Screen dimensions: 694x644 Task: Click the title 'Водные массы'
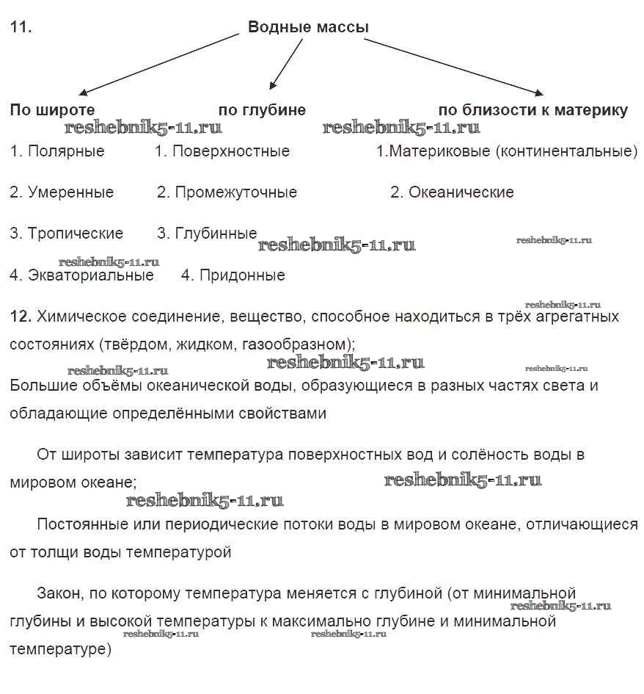(x=308, y=28)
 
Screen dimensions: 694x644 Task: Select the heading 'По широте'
(x=52, y=110)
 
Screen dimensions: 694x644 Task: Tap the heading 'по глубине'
(x=262, y=110)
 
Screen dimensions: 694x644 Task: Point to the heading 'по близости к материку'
(x=533, y=110)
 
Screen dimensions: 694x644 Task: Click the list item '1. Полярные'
(x=57, y=151)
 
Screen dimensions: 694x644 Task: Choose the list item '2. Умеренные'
(x=62, y=192)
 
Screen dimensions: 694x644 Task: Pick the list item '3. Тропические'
(x=67, y=234)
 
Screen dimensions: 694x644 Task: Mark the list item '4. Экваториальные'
(x=82, y=275)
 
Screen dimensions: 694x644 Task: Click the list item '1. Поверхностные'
(x=222, y=151)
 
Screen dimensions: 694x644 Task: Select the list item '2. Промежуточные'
(x=227, y=192)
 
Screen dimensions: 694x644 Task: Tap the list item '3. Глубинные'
(x=207, y=234)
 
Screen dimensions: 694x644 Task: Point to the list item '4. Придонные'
(x=233, y=275)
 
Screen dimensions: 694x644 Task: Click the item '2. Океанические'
(x=452, y=192)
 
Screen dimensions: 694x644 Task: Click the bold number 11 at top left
(x=20, y=28)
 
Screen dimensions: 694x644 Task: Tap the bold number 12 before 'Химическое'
(x=20, y=317)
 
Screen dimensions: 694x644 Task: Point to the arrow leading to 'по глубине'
(x=286, y=63)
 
